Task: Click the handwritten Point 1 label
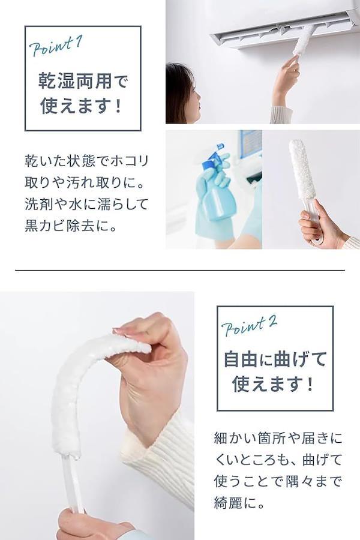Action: (x=56, y=46)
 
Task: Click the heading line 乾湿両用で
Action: (x=83, y=81)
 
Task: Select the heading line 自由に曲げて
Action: (x=275, y=359)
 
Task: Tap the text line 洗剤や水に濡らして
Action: (x=86, y=204)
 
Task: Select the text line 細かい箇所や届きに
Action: (x=278, y=438)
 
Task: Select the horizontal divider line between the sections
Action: (x=180, y=271)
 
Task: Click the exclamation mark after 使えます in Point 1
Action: (x=119, y=105)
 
